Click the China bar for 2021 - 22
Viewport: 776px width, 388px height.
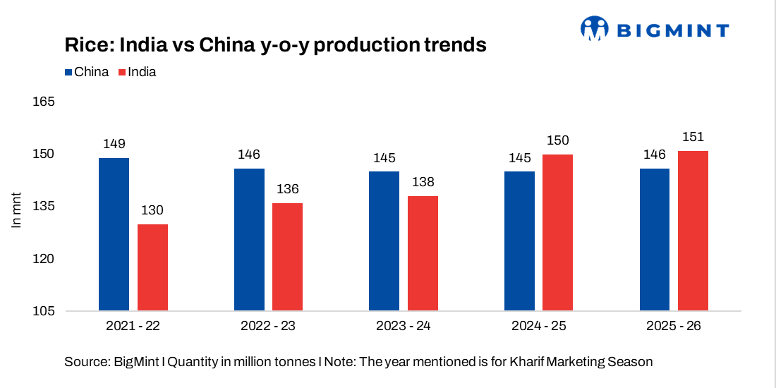[x=114, y=234]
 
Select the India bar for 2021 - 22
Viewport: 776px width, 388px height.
[x=152, y=267]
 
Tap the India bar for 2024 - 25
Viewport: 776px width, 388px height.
[x=558, y=232]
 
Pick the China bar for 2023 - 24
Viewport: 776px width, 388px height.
[x=384, y=241]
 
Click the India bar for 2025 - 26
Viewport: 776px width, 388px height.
[x=693, y=231]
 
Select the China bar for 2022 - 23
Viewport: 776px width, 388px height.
[x=249, y=239]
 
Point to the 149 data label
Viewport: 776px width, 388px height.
[x=114, y=144]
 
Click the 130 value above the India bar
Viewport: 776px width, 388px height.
[x=152, y=210]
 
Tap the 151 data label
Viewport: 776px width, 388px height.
[x=693, y=137]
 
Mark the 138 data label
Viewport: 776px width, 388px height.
[x=423, y=182]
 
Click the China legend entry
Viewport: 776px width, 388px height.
[x=87, y=72]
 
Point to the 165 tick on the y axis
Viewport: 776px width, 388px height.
[x=44, y=102]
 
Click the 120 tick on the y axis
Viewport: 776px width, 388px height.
[x=44, y=259]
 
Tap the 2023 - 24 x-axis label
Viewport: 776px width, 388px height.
[x=404, y=327]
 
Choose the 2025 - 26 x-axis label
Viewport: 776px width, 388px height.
[x=674, y=327]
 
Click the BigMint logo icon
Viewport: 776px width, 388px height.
[x=594, y=29]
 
